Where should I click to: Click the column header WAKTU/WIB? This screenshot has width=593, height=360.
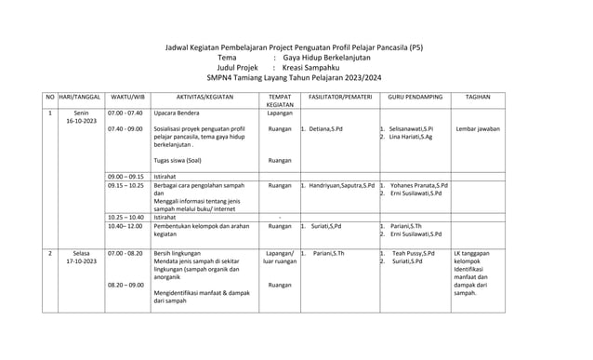pos(126,97)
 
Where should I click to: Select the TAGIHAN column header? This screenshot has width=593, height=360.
pos(478,97)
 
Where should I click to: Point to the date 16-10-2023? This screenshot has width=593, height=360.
pos(81,121)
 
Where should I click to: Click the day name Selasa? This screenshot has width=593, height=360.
pos(81,253)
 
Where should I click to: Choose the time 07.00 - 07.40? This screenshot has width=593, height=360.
pos(125,113)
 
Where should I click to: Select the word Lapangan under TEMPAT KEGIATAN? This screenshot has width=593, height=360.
pos(280,113)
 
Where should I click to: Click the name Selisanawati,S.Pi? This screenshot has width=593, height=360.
pos(417,129)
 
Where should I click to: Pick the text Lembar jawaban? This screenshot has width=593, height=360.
pos(480,129)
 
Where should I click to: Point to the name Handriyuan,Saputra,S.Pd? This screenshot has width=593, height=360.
pos(342,185)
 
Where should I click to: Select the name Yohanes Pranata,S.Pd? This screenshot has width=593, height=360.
pos(419,185)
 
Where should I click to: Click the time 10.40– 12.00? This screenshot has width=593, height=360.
pos(125,226)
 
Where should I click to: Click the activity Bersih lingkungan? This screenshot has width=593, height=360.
pos(180,253)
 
